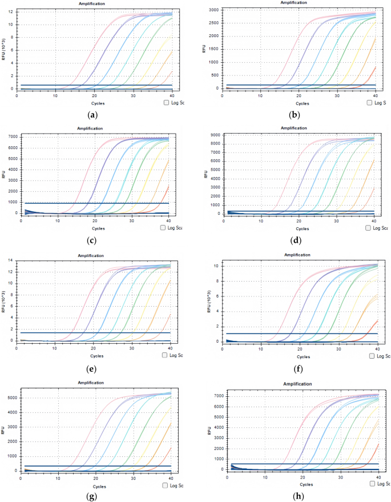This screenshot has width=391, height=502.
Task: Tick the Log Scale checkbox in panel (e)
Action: tap(165, 355)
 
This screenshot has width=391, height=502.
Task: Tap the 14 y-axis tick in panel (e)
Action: tap(18, 260)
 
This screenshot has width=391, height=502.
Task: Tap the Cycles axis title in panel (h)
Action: tap(303, 483)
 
